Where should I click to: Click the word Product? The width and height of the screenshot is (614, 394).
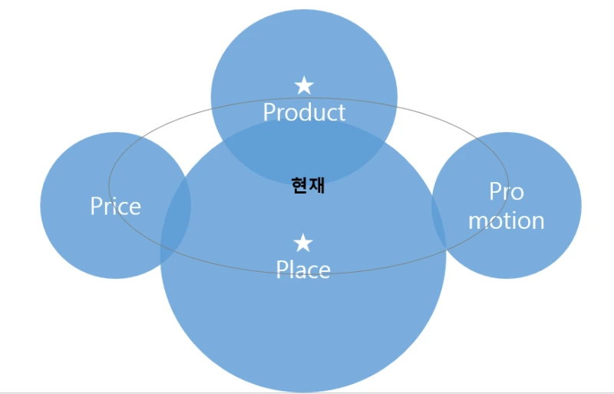pos(304,112)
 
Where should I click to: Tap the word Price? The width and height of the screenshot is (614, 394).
pos(115,206)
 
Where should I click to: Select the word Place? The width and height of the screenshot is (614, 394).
pos(303,270)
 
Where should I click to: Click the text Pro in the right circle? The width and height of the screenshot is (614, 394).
pos(506,191)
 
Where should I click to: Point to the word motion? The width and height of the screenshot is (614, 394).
pos(506,220)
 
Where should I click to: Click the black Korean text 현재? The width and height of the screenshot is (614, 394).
pos(308,185)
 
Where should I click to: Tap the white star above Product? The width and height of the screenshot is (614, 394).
pos(304,85)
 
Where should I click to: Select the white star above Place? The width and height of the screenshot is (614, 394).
pos(303,243)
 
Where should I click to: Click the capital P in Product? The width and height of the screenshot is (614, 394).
pos(269,112)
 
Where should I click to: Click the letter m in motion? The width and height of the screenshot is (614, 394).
pos(478,221)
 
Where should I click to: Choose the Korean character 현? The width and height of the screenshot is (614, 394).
pos(299,185)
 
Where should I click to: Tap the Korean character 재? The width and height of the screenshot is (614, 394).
pos(316,185)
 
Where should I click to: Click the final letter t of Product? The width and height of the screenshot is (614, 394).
pos(341,113)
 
